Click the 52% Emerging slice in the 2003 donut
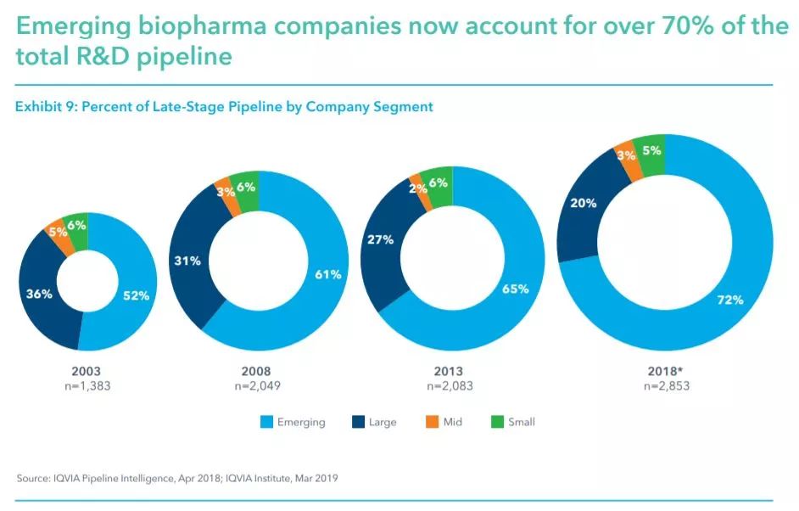pos(136,296)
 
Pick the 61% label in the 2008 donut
pos(329,274)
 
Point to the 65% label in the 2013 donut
pos(515,289)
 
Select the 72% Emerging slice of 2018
pos(729,299)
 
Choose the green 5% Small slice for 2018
pos(650,151)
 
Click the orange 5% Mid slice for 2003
pos(58,231)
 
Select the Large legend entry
pos(374,422)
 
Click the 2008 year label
pos(256,371)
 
